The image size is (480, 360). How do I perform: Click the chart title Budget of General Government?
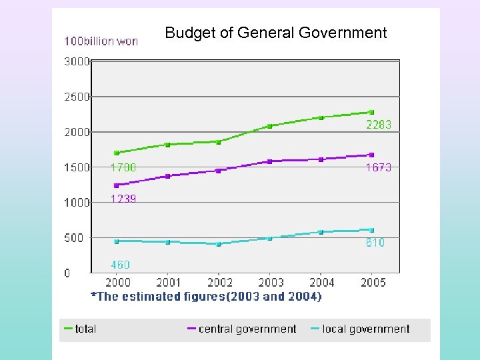[275, 33]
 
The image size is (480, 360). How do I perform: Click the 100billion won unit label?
[101, 41]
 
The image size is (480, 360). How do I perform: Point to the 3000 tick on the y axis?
[77, 61]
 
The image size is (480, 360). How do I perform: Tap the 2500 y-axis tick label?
[77, 97]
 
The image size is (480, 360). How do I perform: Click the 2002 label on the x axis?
[219, 283]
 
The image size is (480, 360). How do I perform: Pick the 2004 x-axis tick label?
[321, 283]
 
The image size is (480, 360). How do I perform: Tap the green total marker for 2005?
[371, 112]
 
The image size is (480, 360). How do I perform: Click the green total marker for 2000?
[117, 153]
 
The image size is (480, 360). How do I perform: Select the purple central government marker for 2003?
[269, 161]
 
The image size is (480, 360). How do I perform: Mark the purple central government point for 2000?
[117, 185]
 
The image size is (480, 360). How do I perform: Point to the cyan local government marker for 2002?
[219, 244]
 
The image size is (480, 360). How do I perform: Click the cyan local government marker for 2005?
[371, 230]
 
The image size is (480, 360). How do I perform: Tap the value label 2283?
[378, 125]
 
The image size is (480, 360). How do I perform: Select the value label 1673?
[378, 168]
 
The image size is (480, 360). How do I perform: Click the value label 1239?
[123, 199]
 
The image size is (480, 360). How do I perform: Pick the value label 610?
[375, 243]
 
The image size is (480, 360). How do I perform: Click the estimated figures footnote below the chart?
[206, 297]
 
